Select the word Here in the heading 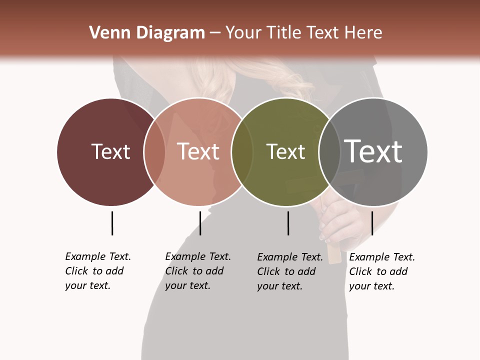(364, 33)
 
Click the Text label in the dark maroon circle (110, 151)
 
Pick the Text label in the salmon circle (198, 151)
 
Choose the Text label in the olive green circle (285, 151)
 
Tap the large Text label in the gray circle (373, 151)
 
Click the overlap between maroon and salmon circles (154, 151)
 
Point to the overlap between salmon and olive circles (242, 151)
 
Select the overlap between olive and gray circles (329, 151)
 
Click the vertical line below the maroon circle (112, 223)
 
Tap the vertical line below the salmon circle (200, 223)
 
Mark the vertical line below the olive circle (288, 223)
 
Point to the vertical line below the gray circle (372, 223)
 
